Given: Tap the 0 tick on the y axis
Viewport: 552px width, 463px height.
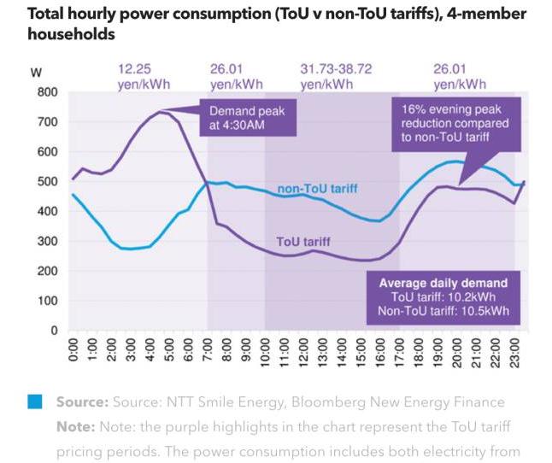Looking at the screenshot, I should point(53,331).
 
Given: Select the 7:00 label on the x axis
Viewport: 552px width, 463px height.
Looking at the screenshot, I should point(208,353).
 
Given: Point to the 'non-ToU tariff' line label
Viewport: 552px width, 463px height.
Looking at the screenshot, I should point(316,189).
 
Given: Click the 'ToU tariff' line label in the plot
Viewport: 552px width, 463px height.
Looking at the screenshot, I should point(302,243).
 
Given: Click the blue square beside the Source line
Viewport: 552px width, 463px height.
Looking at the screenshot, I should point(35,401).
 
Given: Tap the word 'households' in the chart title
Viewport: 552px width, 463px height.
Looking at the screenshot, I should point(70,35).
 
